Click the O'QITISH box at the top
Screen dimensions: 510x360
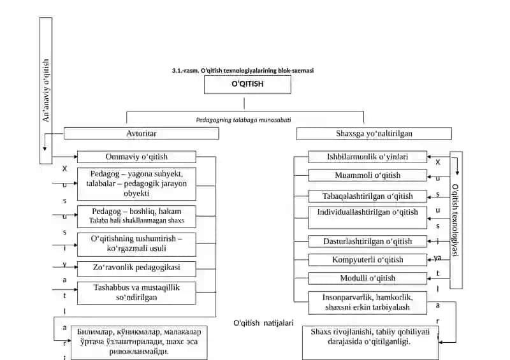click(x=247, y=85)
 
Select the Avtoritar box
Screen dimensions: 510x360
click(x=141, y=134)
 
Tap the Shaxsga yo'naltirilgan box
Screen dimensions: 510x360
click(x=374, y=134)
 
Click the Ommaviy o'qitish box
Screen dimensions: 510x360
click(x=136, y=157)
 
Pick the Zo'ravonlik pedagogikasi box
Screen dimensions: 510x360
click(x=136, y=269)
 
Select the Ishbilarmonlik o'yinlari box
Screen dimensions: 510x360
click(x=368, y=157)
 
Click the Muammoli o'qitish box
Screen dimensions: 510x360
click(x=368, y=175)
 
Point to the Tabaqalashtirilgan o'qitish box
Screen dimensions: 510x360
click(x=368, y=196)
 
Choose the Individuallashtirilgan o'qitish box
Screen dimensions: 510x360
click(x=368, y=217)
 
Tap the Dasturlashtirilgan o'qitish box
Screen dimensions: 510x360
click(x=368, y=241)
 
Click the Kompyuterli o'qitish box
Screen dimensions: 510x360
click(x=368, y=260)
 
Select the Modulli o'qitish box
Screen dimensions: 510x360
click(x=368, y=278)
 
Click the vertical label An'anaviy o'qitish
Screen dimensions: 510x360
click(x=46, y=90)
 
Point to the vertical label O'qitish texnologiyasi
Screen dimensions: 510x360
click(x=455, y=220)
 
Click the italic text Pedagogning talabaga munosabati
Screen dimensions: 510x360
click(x=244, y=120)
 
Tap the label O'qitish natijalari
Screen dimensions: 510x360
click(x=263, y=323)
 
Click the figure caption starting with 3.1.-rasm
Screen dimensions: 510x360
click(x=243, y=71)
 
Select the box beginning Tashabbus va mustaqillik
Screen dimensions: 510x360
click(x=136, y=293)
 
